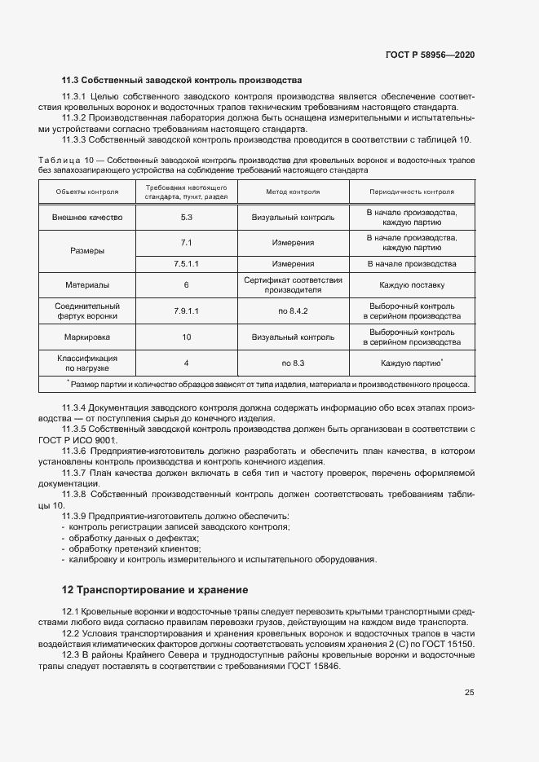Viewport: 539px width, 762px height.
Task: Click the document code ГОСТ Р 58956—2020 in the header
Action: pyautogui.click(x=430, y=55)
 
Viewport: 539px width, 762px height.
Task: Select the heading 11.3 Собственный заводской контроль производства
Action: pyautogui.click(x=182, y=81)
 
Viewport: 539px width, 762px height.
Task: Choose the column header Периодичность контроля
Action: pyautogui.click(x=411, y=192)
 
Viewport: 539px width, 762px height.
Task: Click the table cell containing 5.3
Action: pyautogui.click(x=186, y=218)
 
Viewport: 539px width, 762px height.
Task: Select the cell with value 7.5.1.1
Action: pyautogui.click(x=186, y=264)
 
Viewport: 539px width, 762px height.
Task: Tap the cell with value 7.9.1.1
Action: pyautogui.click(x=186, y=311)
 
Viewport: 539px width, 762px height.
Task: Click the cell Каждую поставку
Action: pyautogui.click(x=411, y=285)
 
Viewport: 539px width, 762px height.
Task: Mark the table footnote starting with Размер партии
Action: pyautogui.click(x=269, y=383)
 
